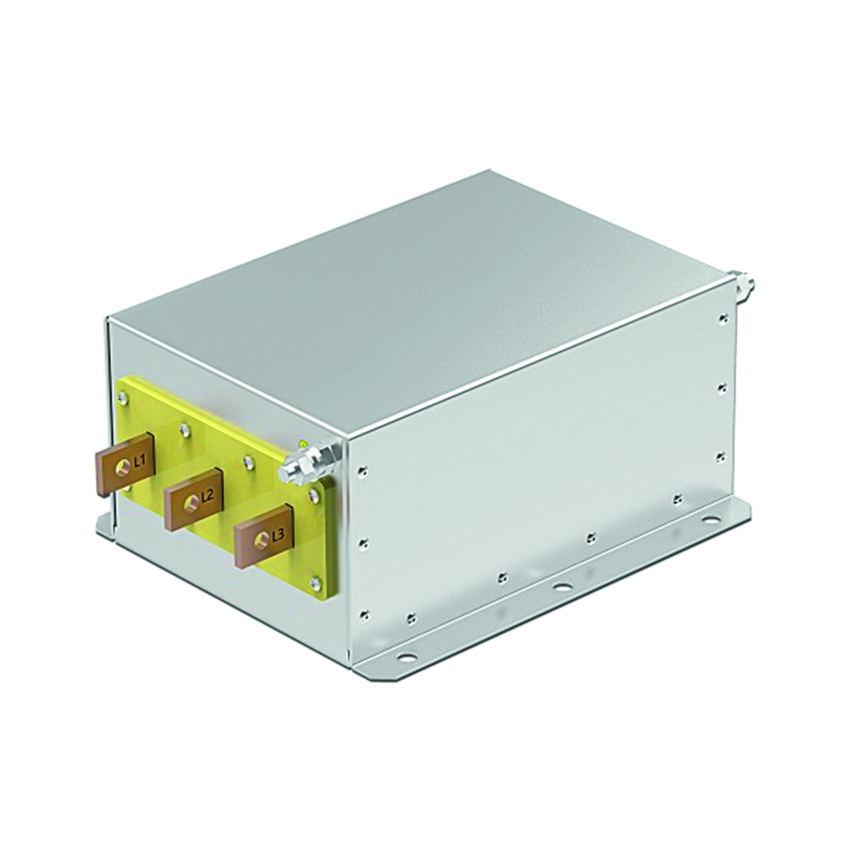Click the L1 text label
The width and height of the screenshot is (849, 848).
point(139,461)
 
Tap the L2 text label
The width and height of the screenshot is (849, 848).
point(207,496)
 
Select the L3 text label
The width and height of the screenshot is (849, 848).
point(277,536)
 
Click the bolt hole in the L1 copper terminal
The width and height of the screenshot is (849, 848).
point(126,466)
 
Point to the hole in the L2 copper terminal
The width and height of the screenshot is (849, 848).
point(192,502)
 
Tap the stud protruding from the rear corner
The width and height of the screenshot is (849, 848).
point(741,286)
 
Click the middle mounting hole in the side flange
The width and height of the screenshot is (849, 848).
point(561,586)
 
